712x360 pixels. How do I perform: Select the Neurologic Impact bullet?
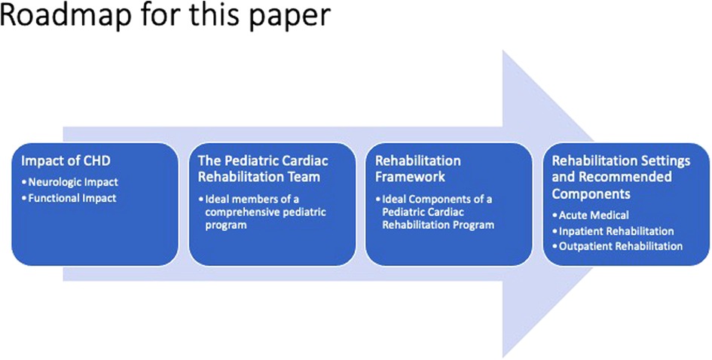tap(70, 182)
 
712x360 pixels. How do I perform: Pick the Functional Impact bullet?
tap(69, 198)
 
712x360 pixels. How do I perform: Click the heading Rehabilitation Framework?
tap(417, 169)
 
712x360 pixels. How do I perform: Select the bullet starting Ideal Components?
tap(435, 212)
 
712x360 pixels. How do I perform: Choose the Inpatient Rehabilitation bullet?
tap(613, 230)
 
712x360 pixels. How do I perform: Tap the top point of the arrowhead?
tap(503, 51)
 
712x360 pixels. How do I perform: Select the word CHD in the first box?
tap(84, 162)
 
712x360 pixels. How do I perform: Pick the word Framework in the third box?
tap(410, 176)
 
